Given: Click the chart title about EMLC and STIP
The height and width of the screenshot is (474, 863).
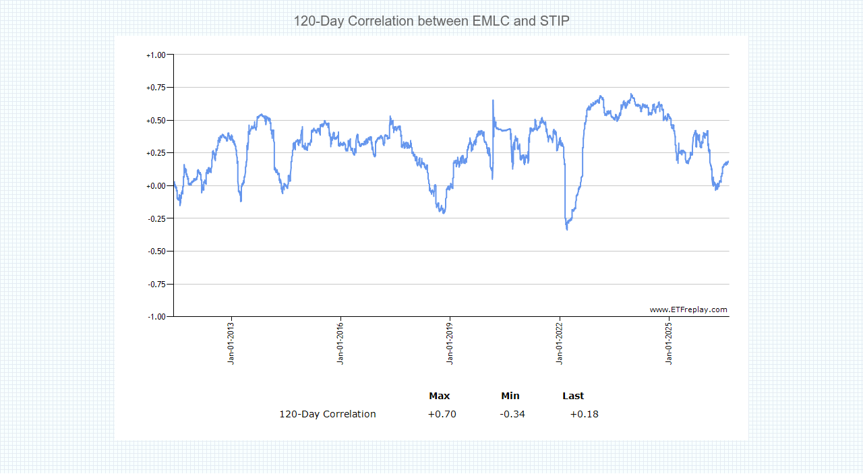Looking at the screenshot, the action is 431,21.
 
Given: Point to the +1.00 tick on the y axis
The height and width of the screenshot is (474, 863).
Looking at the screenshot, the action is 156,55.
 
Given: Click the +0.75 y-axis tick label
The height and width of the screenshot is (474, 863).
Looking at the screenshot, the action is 156,88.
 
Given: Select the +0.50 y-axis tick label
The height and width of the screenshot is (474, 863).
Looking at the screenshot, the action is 156,121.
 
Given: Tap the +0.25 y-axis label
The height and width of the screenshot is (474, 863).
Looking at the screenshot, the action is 156,153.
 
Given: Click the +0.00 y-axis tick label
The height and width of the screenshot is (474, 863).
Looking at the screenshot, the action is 156,186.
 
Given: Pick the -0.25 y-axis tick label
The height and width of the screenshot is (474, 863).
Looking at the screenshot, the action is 156,219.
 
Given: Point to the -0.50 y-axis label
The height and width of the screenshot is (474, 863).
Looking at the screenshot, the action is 156,251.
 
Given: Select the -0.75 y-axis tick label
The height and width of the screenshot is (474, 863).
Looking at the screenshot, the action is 156,285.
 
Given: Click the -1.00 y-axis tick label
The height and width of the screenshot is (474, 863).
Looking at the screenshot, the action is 156,317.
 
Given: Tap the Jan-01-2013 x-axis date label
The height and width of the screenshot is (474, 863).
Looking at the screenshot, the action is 231,343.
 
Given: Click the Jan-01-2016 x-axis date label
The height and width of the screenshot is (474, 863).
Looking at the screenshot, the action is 340,343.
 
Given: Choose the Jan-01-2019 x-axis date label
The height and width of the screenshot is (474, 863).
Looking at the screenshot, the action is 450,343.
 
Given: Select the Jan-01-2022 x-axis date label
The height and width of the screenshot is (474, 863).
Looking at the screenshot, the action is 560,343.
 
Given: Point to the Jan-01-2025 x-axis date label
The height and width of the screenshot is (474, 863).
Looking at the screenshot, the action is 669,343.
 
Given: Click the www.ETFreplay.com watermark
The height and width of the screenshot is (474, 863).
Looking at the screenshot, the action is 688,309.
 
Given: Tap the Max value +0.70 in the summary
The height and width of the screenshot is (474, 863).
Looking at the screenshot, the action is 442,414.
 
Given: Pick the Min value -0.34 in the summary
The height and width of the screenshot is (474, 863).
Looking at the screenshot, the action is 512,414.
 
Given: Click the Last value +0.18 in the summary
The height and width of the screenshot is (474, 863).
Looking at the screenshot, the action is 584,414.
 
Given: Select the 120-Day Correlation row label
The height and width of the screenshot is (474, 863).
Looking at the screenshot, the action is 328,414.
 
